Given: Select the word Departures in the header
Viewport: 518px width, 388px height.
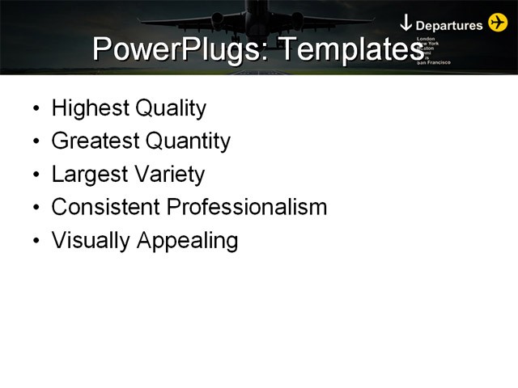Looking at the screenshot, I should point(449,25).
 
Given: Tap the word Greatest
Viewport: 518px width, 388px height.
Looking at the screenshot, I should point(95,141).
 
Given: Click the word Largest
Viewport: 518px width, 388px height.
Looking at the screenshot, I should point(88,175).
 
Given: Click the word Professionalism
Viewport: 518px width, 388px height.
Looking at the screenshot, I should point(246,208).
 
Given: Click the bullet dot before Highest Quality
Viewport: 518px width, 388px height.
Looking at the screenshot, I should point(34,109).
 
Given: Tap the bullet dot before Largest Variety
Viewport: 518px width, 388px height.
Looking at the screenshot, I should point(34,175).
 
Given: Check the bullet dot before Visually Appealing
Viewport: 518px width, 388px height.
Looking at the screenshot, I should point(34,242).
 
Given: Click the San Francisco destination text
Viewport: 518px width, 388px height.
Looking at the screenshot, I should point(434,63).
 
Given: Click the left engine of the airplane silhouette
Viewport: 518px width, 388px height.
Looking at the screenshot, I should point(217,18).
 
